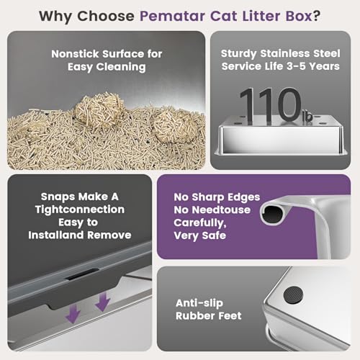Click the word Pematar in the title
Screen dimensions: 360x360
172,16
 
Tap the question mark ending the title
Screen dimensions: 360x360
316,16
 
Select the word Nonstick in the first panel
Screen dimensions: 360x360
75,54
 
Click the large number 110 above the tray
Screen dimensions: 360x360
270,106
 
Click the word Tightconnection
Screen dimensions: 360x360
80,210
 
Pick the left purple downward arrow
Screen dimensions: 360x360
73,313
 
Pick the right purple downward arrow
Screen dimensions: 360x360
102,302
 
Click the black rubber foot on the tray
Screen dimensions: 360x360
293,294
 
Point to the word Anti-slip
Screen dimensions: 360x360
199,303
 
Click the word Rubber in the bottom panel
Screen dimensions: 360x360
194,316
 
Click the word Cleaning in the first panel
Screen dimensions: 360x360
121,67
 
